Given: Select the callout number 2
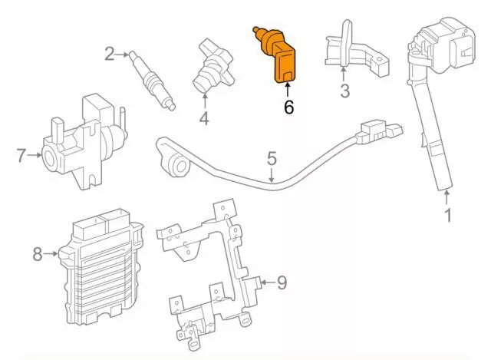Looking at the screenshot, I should [x=110, y=54].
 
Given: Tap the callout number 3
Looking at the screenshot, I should [x=345, y=93].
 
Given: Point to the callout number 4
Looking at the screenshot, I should [x=204, y=118].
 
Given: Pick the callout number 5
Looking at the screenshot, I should [x=272, y=160].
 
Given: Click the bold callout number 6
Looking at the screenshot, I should [x=288, y=107].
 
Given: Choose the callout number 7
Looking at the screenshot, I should [x=21, y=156].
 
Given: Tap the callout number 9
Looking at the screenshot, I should [x=282, y=283].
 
